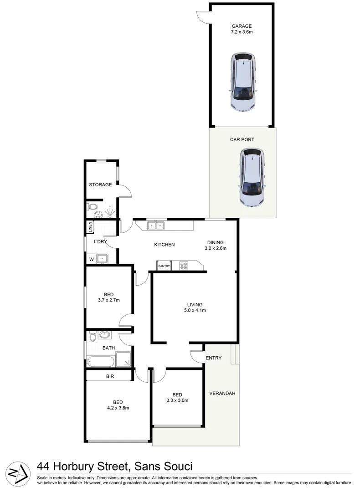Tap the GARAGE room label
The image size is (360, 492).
click(241, 26)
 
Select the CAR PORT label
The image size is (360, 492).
click(242, 140)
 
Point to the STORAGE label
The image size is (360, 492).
click(100, 184)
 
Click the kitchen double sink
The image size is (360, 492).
click(155, 225)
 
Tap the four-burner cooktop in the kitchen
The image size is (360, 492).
click(184, 265)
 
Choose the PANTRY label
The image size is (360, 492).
click(164, 266)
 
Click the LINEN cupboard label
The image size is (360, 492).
click(90, 226)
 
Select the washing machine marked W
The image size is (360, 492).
click(92, 259)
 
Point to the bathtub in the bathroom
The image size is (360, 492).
click(101, 362)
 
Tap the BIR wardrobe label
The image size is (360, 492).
click(110, 376)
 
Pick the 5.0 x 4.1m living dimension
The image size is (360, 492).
click(195, 311)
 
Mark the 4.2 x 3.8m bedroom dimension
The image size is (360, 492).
click(118, 408)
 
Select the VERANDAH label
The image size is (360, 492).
click(222, 393)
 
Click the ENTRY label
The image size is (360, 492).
click(213, 358)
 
